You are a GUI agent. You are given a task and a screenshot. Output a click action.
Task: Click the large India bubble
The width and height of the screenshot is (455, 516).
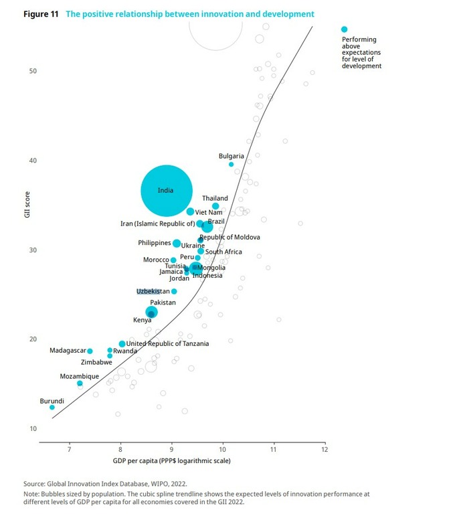pyautogui.click(x=167, y=191)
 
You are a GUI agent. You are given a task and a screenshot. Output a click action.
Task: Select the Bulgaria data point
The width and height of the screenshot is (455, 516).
pyautogui.click(x=232, y=164)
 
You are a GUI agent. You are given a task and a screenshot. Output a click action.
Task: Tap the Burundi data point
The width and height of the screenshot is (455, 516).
pyautogui.click(x=52, y=407)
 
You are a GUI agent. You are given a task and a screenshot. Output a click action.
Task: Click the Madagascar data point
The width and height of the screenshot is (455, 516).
pyautogui.click(x=90, y=351)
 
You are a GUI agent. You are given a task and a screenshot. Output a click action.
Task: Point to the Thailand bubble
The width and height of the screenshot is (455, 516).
pyautogui.click(x=215, y=206)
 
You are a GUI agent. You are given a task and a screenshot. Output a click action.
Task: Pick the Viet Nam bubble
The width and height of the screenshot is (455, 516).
pyautogui.click(x=191, y=211)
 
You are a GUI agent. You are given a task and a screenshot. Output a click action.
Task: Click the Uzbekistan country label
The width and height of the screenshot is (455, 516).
pyautogui.click(x=153, y=291)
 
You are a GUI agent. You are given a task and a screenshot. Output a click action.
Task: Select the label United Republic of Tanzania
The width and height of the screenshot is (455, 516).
pyautogui.click(x=167, y=343)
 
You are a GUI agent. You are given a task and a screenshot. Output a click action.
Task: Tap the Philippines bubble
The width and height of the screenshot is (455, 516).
pyautogui.click(x=177, y=244)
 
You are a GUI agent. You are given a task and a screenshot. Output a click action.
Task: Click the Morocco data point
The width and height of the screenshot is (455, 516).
pyautogui.click(x=173, y=260)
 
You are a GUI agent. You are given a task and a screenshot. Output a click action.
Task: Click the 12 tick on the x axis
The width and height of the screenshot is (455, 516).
pyautogui.click(x=325, y=449)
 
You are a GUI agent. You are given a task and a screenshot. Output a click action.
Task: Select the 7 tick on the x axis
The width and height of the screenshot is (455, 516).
pyautogui.click(x=69, y=449)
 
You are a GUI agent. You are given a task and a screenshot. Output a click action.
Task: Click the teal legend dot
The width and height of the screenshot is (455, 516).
pyautogui.click(x=345, y=29)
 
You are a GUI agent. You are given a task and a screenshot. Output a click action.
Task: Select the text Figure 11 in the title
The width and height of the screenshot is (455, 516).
pyautogui.click(x=41, y=14)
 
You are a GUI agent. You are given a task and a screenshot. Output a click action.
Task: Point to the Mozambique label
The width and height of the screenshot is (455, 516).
pyautogui.click(x=80, y=376)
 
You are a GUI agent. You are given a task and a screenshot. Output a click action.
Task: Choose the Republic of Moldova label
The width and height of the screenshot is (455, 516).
pyautogui.click(x=230, y=237)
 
